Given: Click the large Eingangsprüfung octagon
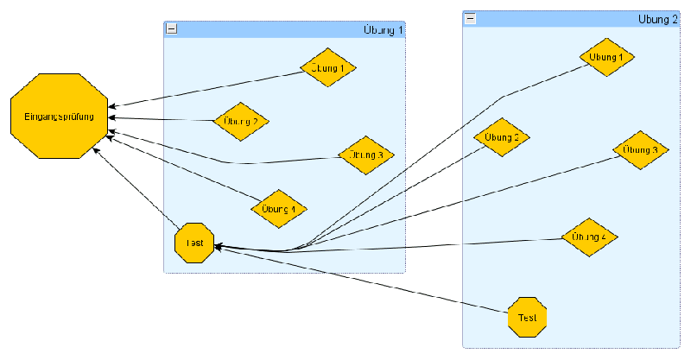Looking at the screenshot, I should tap(59, 116).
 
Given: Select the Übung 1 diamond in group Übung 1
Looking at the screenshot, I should tap(328, 66).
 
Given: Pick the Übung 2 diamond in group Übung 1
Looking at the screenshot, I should tap(241, 121).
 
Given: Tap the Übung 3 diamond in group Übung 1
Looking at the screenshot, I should tap(366, 155).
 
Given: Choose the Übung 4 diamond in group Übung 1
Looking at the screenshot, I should tap(279, 208).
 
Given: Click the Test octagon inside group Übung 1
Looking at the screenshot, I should tap(194, 243).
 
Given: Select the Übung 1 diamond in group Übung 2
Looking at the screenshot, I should tap(606, 57).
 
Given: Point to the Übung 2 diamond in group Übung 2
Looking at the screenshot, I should tap(502, 137).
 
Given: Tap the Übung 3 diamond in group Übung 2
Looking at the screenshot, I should tap(642, 149).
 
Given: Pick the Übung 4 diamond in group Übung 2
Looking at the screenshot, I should tap(589, 236).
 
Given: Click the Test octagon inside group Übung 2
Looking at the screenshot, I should tap(527, 317).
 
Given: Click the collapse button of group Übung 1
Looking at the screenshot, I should tap(171, 28).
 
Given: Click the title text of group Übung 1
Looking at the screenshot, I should tap(384, 29).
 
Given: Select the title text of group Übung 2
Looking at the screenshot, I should tap(658, 18).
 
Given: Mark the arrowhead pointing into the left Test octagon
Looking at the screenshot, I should tap(218, 247).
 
